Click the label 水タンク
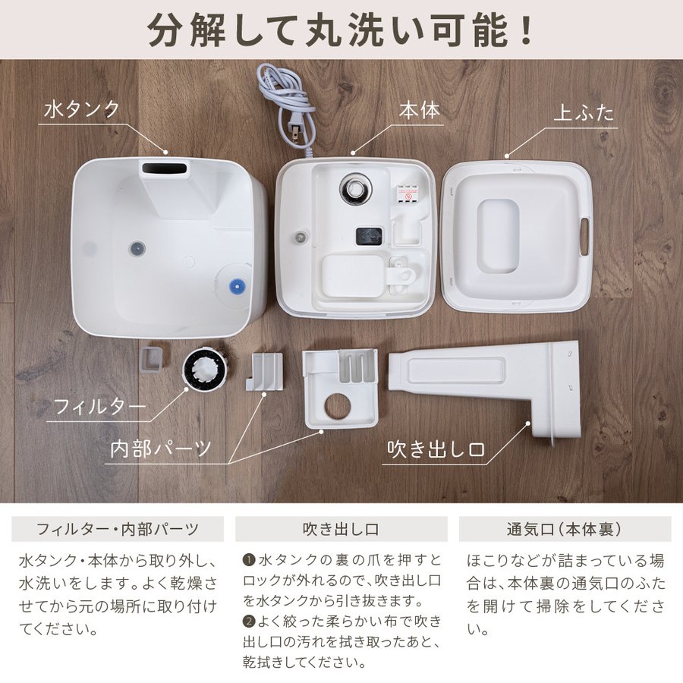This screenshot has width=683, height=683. [81, 109]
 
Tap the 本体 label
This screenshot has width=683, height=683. [420, 110]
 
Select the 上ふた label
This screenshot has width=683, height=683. [584, 113]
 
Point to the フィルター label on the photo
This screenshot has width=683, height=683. [99, 407]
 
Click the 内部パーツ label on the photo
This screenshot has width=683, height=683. [161, 449]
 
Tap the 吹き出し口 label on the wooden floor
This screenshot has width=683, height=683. [436, 449]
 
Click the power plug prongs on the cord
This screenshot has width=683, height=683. [296, 131]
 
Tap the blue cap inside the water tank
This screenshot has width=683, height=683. [237, 287]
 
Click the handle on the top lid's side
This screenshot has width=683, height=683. [584, 237]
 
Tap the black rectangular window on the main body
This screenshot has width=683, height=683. [369, 237]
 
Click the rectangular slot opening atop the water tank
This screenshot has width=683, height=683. [165, 168]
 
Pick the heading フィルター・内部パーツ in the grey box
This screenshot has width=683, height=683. [118, 529]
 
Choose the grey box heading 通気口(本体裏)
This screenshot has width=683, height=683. [565, 529]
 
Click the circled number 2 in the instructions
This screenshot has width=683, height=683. [249, 621]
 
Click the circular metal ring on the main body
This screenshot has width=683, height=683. [356, 188]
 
